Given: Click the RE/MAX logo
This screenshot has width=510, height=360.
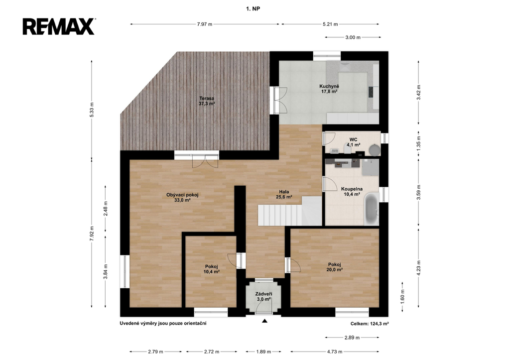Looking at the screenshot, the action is point(59,26).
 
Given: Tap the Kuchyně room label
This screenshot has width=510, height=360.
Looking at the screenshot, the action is point(329,89).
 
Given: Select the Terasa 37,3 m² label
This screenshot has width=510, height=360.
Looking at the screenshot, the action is point(207,101).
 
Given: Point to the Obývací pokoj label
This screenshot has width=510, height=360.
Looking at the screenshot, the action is point(182,197).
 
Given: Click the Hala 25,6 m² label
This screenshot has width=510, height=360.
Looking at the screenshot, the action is point(284,194).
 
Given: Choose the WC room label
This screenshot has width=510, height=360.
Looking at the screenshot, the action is point(353,142).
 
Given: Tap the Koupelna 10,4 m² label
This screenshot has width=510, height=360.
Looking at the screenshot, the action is point(352,192).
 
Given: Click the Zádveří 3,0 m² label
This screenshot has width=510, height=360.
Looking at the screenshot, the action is point(264,297).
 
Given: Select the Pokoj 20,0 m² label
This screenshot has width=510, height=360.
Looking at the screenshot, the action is point(335,267).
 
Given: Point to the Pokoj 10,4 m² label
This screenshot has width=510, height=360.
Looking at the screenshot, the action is point(211,269).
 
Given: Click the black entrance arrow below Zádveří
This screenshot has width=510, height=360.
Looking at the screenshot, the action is point(265,321).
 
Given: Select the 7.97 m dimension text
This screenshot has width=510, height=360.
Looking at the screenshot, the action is point(205,24).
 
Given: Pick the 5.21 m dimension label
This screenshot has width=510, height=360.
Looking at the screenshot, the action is point(330,24).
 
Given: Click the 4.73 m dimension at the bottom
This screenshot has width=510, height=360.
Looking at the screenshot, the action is point(335,352).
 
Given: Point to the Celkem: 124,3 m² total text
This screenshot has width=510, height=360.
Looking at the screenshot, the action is point(370,324).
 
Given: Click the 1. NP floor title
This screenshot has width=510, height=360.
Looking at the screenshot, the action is point(253,9).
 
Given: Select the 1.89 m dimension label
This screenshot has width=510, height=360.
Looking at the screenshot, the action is point(264,352).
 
